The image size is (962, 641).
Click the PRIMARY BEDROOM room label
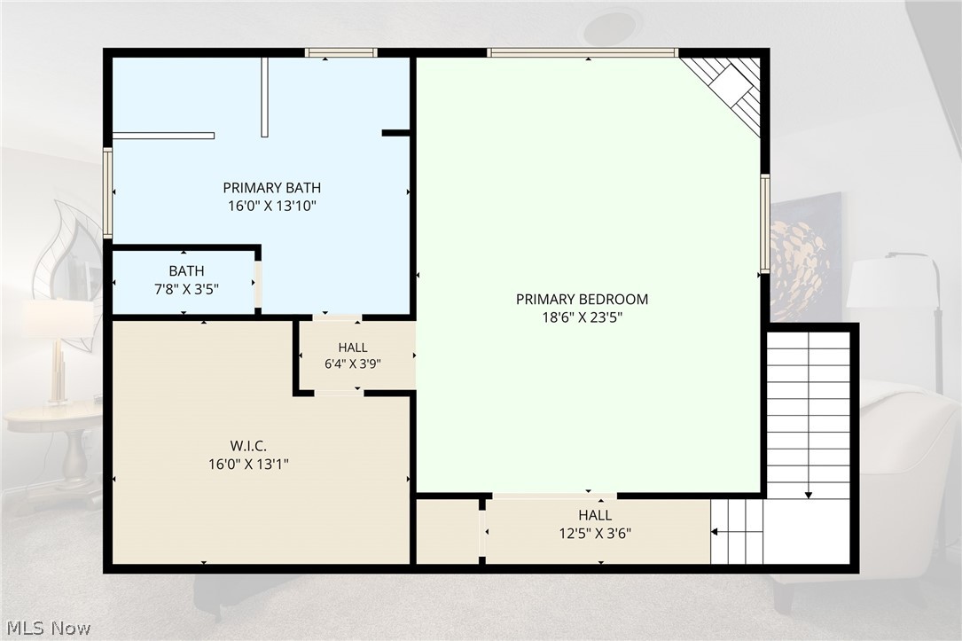tap(582, 300)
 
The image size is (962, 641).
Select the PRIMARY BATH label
tap(272, 188)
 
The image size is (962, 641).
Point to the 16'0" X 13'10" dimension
tap(272, 206)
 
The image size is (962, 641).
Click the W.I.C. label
tap(248, 446)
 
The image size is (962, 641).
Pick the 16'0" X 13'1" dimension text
tap(248, 465)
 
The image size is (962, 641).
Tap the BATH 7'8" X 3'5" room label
tap(186, 279)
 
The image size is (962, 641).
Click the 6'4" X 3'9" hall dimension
tap(353, 364)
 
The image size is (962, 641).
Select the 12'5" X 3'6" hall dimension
tap(595, 534)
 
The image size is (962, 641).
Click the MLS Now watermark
tap(49, 628)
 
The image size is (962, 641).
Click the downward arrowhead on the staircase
tap(809, 495)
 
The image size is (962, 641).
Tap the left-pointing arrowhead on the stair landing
tap(714, 532)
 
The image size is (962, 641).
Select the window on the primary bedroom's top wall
tap(583, 53)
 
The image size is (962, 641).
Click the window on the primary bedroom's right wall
tap(765, 223)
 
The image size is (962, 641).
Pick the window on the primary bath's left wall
tap(107, 192)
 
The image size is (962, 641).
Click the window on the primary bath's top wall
tap(341, 53)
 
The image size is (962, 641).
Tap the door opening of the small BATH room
tap(258, 285)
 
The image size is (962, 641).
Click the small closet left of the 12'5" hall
tap(448, 532)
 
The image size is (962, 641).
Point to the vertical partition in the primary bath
tap(264, 97)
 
